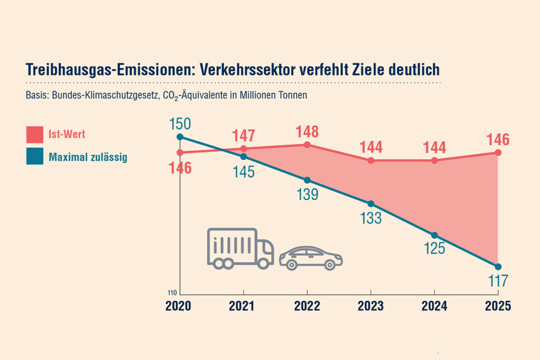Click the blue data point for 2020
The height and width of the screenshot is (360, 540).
[x=180, y=137]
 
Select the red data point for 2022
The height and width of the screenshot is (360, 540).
[x=307, y=144]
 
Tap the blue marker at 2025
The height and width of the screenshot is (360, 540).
[x=498, y=266]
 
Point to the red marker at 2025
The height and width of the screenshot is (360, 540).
[x=498, y=153]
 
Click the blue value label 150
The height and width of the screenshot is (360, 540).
[x=180, y=124]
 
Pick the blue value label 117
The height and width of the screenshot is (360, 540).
[x=498, y=280]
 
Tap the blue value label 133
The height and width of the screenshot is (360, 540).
[x=371, y=218]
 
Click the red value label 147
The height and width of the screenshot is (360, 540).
[x=244, y=135]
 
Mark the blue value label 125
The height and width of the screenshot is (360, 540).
[x=435, y=249]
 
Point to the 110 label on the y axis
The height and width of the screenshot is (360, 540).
[x=172, y=293]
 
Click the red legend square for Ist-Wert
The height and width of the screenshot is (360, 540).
[x=34, y=135]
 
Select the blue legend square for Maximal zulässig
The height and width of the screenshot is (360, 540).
[x=34, y=157]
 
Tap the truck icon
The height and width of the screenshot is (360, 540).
[x=240, y=248]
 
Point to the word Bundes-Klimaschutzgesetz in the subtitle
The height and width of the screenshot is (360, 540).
[x=101, y=96]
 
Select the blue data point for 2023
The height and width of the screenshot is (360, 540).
[x=371, y=204]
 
